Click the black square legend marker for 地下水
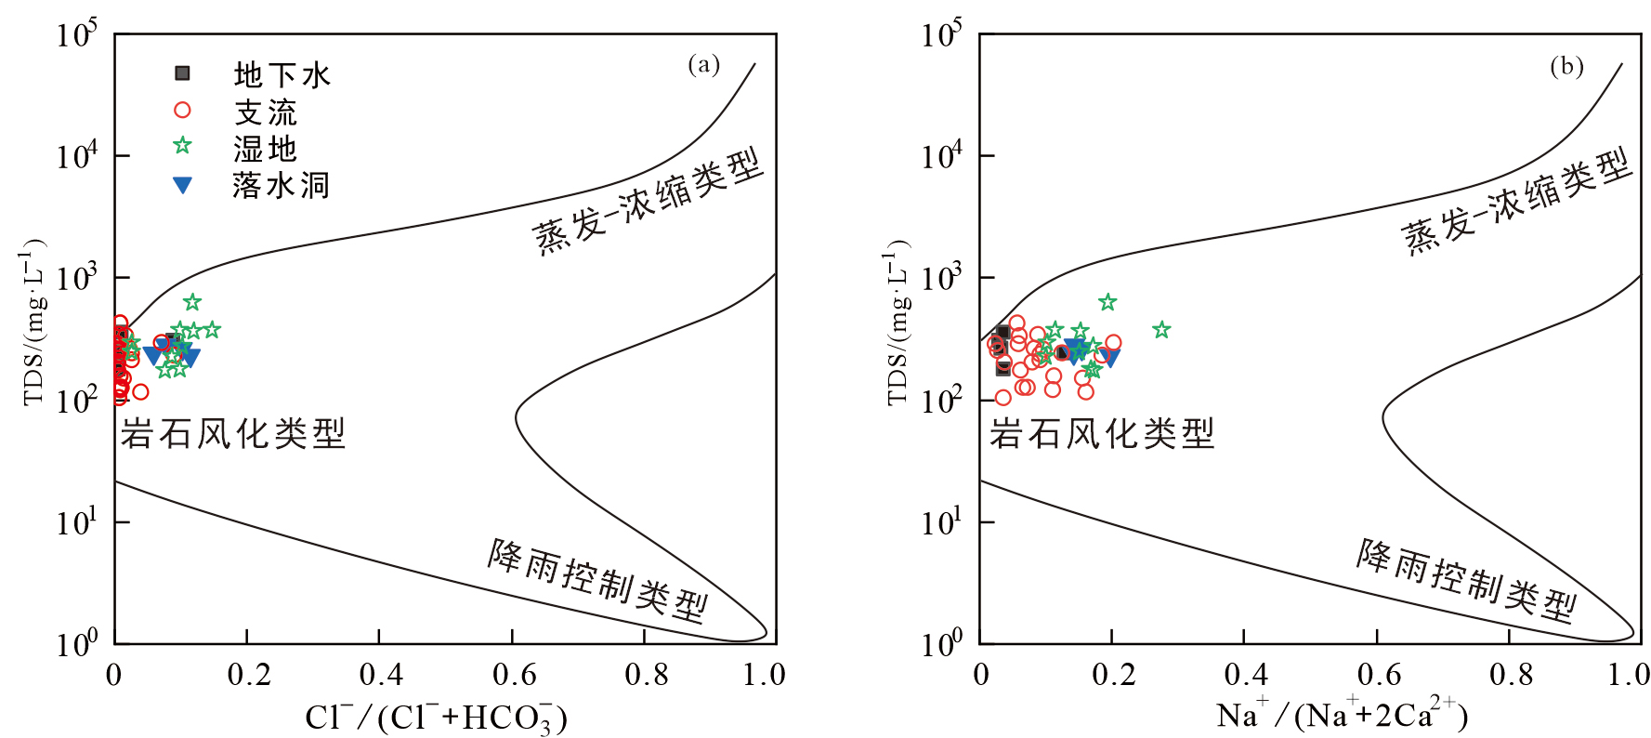(x=183, y=72)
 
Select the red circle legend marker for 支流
(x=182, y=111)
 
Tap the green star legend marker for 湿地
(x=182, y=146)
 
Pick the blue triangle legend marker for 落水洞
(x=183, y=186)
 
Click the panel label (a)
(x=703, y=64)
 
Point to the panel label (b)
(x=1566, y=66)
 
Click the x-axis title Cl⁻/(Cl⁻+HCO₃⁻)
(x=436, y=717)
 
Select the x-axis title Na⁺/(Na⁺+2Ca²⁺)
(x=1342, y=714)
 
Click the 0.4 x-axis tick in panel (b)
(x=1246, y=674)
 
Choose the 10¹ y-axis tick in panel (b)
(x=941, y=521)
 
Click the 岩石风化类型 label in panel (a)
(x=232, y=433)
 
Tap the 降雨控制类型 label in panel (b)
(x=1466, y=580)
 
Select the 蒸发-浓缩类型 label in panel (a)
(x=648, y=202)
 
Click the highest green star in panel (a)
(x=192, y=302)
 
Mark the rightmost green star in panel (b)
(x=1161, y=330)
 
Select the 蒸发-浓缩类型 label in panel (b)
(x=1516, y=202)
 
